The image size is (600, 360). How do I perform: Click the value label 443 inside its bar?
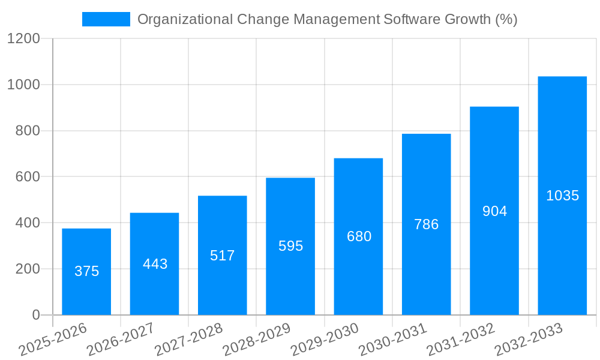155,264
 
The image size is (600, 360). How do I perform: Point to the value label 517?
223,256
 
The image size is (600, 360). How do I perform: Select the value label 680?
359,236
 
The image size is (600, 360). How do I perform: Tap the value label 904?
494,211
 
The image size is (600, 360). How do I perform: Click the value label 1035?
562,196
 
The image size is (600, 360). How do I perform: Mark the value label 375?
86,271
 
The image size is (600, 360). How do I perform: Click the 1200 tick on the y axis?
23,39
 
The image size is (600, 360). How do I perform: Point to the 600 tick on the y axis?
27,177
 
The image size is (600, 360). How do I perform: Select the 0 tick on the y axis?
35,315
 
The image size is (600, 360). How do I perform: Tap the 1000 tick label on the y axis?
23,85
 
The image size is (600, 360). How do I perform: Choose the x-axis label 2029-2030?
325,340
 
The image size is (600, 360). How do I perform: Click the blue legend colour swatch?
106,19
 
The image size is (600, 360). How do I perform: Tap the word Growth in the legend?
467,19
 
